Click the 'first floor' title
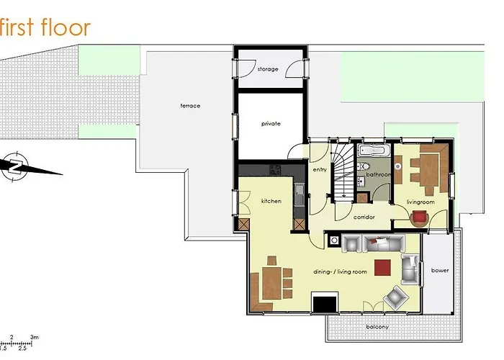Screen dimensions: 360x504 [x=45, y=27]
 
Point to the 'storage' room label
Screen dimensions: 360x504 [x=268, y=69]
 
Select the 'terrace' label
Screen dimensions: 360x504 [x=190, y=106]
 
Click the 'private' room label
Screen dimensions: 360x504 [x=271, y=124]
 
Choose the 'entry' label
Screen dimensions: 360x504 [x=320, y=170]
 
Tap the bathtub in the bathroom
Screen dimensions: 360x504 [x=374, y=152]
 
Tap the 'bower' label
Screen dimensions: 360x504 [x=439, y=271]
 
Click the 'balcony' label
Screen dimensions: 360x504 [x=377, y=328]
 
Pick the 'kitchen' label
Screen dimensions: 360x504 [x=271, y=201]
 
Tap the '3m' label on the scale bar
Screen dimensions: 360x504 [x=34, y=337]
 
